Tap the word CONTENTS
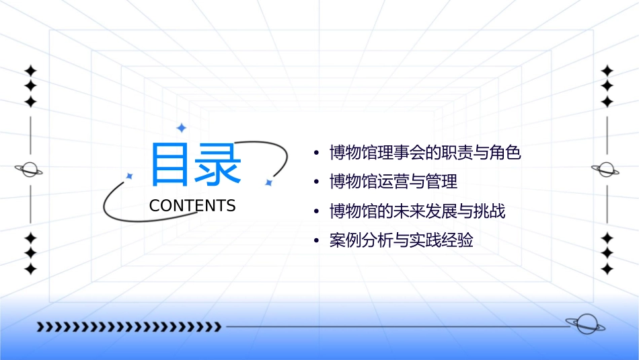pos(192,206)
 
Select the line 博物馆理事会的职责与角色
pos(425,153)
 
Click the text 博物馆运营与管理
pos(393,182)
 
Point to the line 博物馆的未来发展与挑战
pos(417,211)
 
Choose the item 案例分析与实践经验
pos(401,240)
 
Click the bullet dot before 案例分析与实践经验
pos(317,241)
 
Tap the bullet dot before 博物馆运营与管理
pos(317,182)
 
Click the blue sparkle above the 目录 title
pos(181,127)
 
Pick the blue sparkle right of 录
pos(268,182)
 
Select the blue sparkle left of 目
pos(130,176)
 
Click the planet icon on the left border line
pos(30,170)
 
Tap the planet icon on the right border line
pos(606,170)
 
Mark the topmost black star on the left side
pos(30,71)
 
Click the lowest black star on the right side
pos(607,268)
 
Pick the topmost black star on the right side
pos(607,71)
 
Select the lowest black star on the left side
pos(30,268)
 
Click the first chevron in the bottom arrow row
pos(40,327)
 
